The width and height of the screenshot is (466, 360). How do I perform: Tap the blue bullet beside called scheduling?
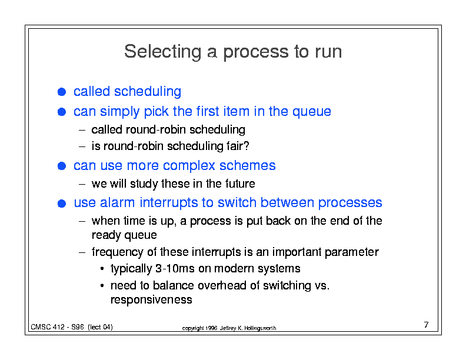coord(62,92)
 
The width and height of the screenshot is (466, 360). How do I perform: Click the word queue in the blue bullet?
coord(312,112)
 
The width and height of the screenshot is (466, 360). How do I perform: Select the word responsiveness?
coord(151,299)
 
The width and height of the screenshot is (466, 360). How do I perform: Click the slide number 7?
coord(426,325)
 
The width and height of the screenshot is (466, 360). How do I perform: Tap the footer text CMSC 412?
coord(48,327)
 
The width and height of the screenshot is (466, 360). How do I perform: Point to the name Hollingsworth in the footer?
coord(260,328)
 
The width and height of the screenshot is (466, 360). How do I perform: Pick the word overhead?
coord(222,285)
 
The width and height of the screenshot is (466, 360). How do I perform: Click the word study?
coord(144,184)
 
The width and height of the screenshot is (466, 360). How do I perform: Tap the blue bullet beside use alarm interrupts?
coord(62,204)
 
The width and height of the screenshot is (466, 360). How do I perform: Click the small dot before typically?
coord(102,269)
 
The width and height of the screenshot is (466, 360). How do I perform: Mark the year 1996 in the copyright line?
coord(211,328)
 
